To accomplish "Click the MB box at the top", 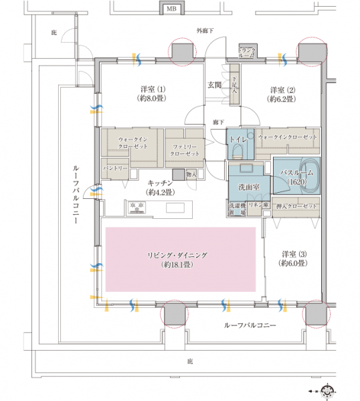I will [x=172, y=9].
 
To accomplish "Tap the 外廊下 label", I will [x=205, y=31].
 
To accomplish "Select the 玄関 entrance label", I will [x=214, y=84].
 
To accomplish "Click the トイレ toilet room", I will [x=239, y=141].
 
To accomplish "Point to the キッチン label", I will [x=161, y=186].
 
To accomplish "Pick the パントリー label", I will [x=114, y=167].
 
